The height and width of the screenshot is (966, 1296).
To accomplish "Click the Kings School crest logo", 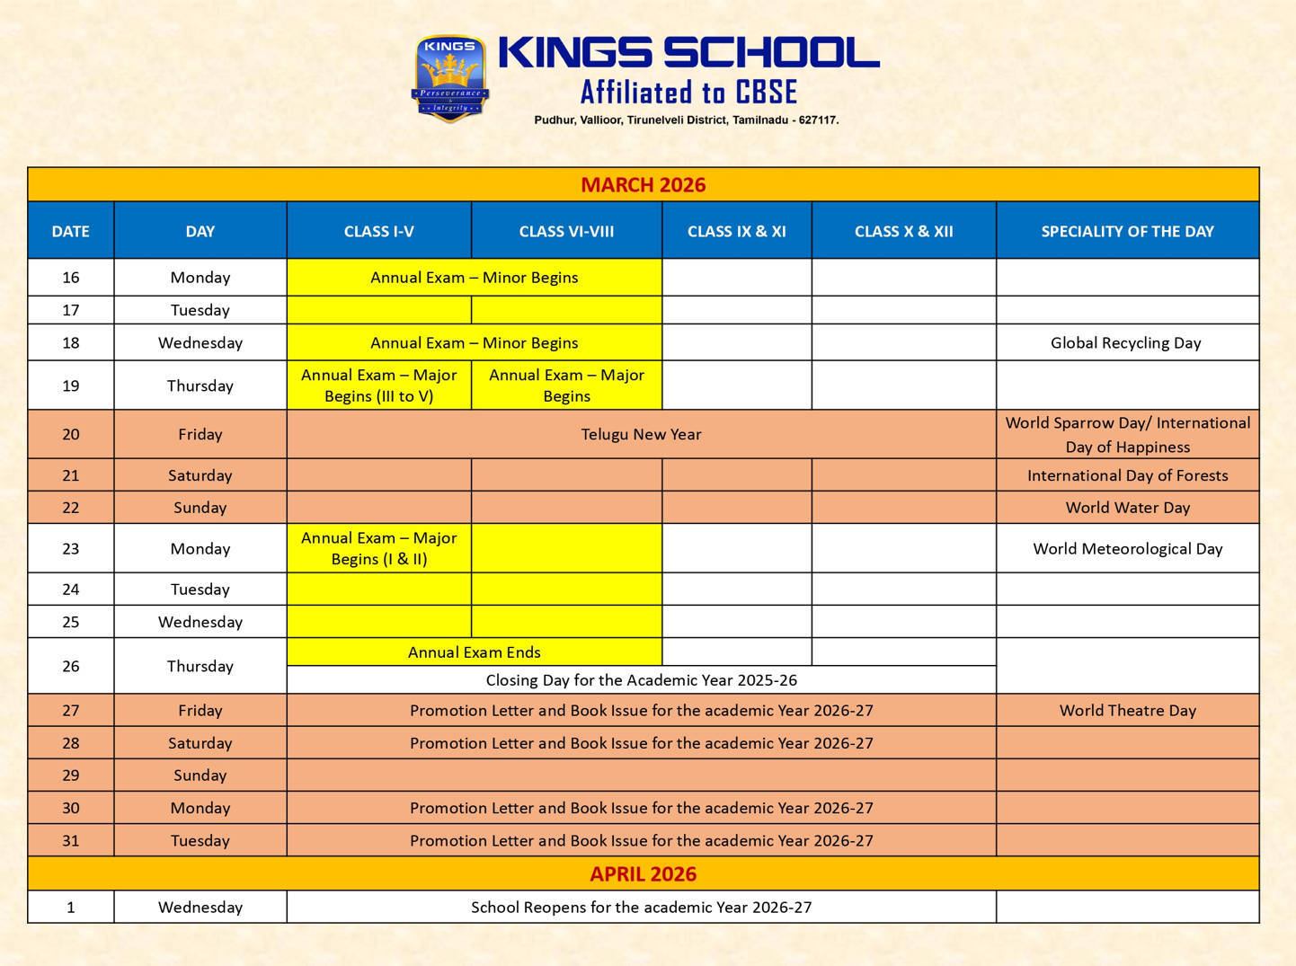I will [449, 78].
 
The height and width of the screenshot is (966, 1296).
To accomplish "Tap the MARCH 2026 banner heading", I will [643, 185].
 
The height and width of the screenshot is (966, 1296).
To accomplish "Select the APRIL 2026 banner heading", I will [643, 873].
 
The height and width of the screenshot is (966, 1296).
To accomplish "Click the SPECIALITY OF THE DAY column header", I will [1127, 231].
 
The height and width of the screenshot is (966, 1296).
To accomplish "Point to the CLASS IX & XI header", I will [736, 231].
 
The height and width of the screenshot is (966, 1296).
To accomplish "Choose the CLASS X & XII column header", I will [903, 231].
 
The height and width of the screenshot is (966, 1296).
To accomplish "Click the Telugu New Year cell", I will [641, 434].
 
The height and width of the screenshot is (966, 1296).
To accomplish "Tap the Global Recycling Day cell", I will [1125, 342].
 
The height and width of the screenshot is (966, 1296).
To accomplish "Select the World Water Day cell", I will [1127, 508].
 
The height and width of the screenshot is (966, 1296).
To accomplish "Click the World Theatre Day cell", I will [1127, 710].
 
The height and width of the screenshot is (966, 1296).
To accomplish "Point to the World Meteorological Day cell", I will [1127, 548].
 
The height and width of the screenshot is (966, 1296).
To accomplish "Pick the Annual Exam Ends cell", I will [474, 652].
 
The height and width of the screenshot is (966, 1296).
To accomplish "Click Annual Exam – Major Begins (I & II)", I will [378, 548].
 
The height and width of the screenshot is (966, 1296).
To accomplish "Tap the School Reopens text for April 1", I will [641, 907].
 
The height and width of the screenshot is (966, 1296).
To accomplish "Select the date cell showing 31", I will [71, 840].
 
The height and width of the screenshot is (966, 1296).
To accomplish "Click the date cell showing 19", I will [71, 386].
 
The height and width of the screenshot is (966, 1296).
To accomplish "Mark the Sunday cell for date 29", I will [200, 775].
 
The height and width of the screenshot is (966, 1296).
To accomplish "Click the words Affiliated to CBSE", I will [688, 93].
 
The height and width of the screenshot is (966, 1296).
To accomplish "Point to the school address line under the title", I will [686, 120].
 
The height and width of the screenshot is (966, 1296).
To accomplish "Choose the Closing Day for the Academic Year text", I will [641, 680].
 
